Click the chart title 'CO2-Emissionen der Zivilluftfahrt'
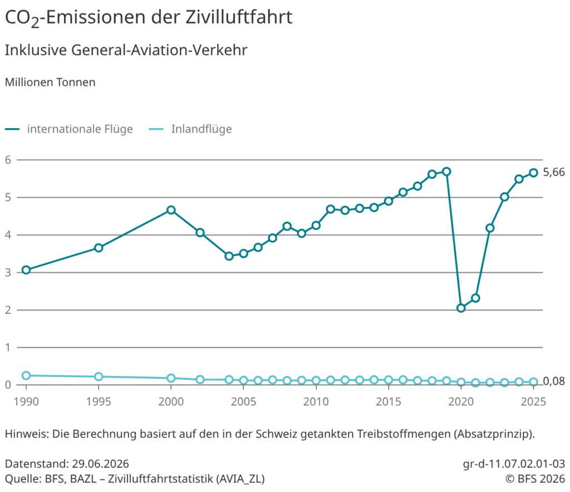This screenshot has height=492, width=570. click(148, 17)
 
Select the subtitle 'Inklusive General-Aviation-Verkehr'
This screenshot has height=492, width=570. click(126, 50)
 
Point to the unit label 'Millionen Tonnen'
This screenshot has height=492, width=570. click(50, 82)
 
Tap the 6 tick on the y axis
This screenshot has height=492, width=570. click(8, 160)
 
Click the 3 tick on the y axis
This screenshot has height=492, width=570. click(8, 272)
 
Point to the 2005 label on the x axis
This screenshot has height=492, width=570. click(244, 402)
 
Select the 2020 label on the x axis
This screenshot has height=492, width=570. click(461, 402)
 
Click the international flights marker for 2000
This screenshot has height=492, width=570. click(171, 210)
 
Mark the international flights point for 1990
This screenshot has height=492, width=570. click(26, 270)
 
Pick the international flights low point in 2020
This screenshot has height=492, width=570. click(461, 308)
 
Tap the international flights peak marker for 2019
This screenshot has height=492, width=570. click(446, 172)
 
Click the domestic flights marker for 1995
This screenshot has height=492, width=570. click(99, 377)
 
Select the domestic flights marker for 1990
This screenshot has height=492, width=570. click(26, 376)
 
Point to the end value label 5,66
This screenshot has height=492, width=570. click(554, 172)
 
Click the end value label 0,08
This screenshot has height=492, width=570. click(554, 381)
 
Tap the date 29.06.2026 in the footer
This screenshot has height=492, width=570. click(100, 464)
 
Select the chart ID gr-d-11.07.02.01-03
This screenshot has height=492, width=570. click(514, 464)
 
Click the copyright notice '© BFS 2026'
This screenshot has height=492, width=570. click(535, 479)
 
